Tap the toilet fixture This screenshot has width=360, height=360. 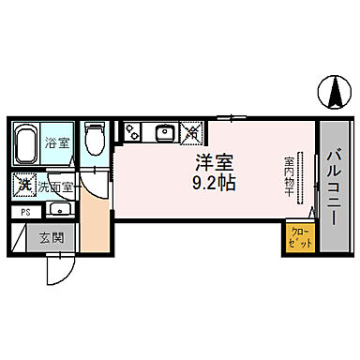pos(92,140)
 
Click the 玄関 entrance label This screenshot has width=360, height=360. pos(51,238)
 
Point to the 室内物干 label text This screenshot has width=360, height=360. pos(290,178)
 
